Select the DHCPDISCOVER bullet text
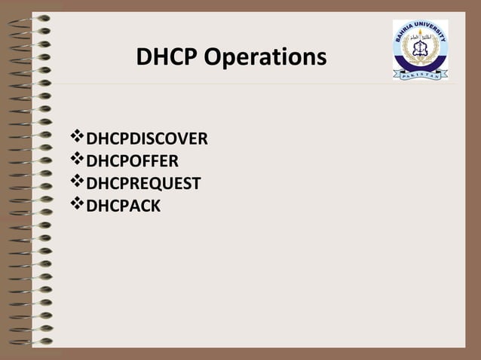pos(147,139)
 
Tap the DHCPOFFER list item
pos(132,160)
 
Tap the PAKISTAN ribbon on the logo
pos(420,75)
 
